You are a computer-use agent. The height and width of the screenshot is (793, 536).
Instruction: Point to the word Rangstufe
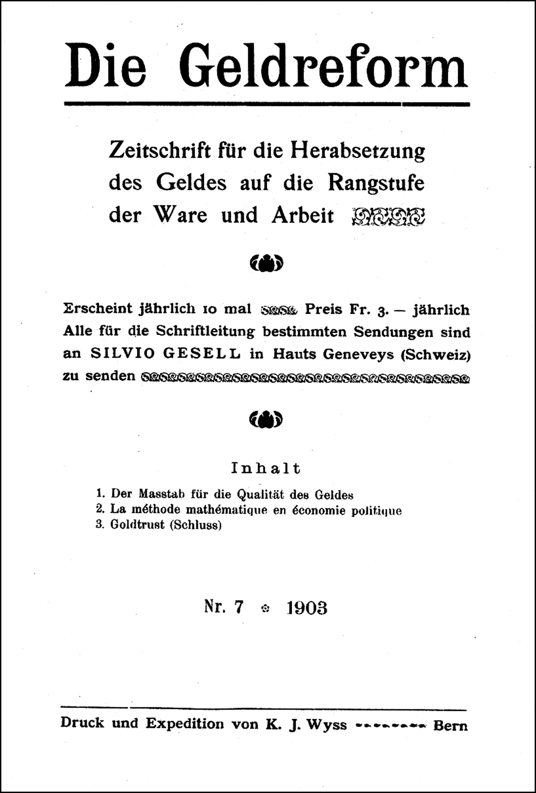[376, 183]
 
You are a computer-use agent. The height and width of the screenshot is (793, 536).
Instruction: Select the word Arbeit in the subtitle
[303, 215]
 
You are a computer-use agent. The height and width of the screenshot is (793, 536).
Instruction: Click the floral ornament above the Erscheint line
[266, 263]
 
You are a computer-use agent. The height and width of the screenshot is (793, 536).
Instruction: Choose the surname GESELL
[201, 354]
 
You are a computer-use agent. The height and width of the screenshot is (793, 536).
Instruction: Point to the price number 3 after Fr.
[380, 310]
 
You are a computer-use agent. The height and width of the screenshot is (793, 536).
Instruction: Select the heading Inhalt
[266, 468]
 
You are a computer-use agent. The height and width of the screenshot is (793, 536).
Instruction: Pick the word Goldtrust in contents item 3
[137, 525]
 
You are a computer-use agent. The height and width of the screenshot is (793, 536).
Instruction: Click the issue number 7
[238, 607]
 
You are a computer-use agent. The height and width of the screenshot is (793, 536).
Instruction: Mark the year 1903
[307, 608]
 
